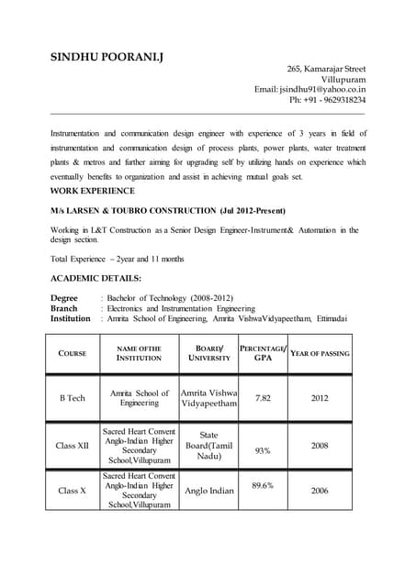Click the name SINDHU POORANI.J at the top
coord(110,58)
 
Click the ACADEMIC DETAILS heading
coord(96,277)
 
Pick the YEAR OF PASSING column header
coord(320,353)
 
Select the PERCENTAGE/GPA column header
coord(263,353)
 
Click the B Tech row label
coord(73,398)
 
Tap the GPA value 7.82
coord(263,398)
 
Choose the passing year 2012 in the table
coord(320,398)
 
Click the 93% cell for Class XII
coord(263,450)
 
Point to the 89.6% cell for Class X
coord(263,485)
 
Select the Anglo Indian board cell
coord(209,491)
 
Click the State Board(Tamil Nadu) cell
coord(209,445)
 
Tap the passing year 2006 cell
coord(320,491)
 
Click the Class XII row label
coord(73,446)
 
